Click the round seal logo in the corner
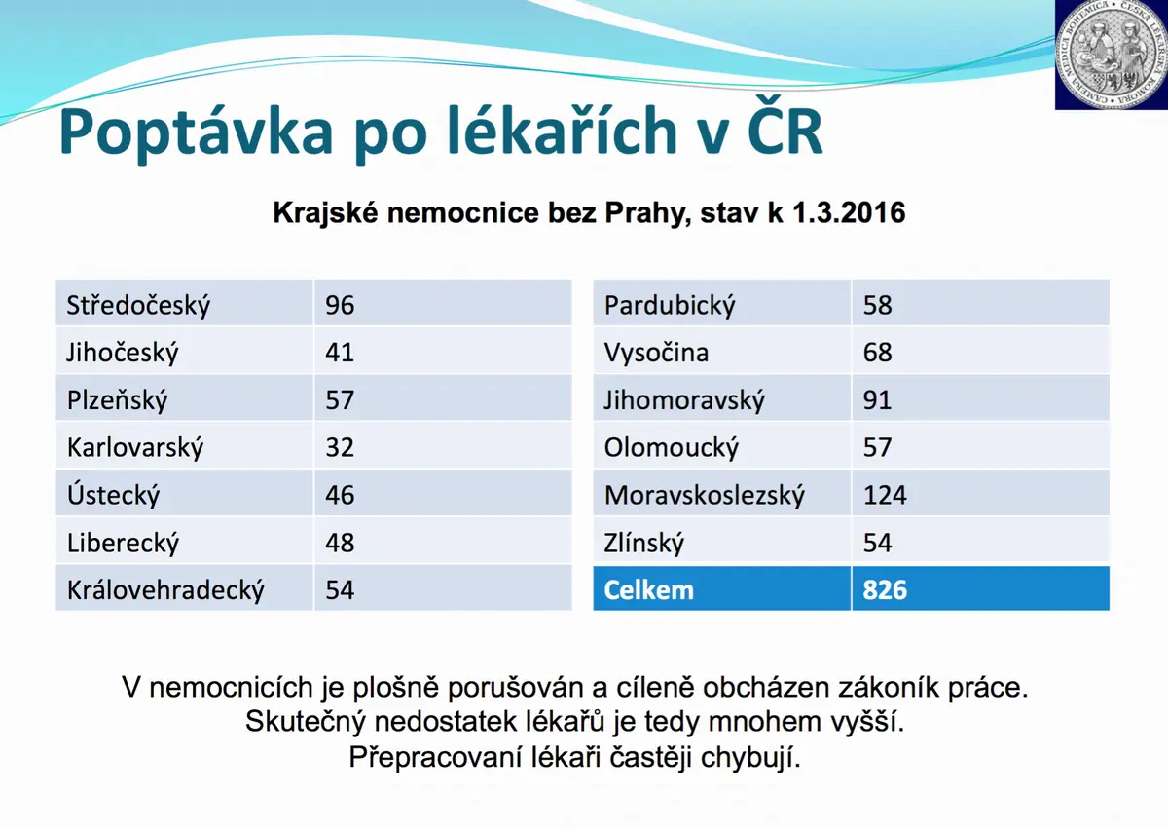pyautogui.click(x=1112, y=55)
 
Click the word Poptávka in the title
pyautogui.click(x=196, y=131)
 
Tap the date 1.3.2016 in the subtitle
pyautogui.click(x=849, y=213)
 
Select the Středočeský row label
pyautogui.click(x=138, y=305)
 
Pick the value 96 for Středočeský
pyautogui.click(x=340, y=305)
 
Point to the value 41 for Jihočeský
pyautogui.click(x=340, y=353)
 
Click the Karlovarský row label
pyautogui.click(x=135, y=447)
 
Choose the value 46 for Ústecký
pyautogui.click(x=340, y=495)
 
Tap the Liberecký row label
pyautogui.click(x=123, y=543)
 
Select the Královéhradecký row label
pyautogui.click(x=165, y=590)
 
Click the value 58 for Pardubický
pyautogui.click(x=878, y=305)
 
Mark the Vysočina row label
pyautogui.click(x=656, y=353)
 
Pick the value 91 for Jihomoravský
pyautogui.click(x=877, y=399)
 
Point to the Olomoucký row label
pyautogui.click(x=671, y=447)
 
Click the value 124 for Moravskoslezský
pyautogui.click(x=885, y=495)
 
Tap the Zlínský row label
pyautogui.click(x=643, y=543)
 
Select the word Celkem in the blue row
pyautogui.click(x=648, y=590)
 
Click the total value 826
pyautogui.click(x=885, y=590)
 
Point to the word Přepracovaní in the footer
pyautogui.click(x=435, y=758)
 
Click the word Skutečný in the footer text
pyautogui.click(x=306, y=722)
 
